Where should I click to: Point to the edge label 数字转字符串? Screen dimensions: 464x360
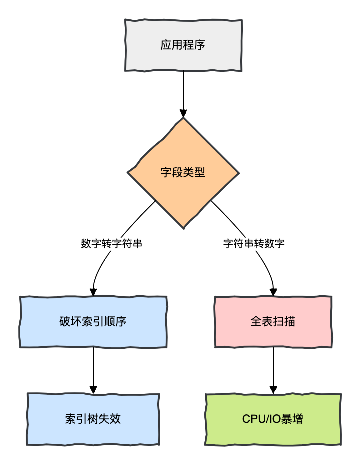click(111, 243)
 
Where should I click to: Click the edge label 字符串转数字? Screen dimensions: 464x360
click(254, 243)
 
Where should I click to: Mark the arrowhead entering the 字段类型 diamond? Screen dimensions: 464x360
click(183, 113)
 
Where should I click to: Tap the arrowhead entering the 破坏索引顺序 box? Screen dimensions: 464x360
click(93, 292)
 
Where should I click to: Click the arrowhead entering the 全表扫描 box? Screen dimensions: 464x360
click(273, 292)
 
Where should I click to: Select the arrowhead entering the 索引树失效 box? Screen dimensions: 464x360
click(93, 389)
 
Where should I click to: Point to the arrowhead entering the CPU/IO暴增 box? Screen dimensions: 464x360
click(273, 389)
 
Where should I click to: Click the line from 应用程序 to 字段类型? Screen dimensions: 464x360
click(183, 90)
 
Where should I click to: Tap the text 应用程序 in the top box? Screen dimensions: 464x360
click(183, 45)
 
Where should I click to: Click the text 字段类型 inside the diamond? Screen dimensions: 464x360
click(183, 172)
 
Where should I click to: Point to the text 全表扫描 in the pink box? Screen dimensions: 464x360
click(273, 321)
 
